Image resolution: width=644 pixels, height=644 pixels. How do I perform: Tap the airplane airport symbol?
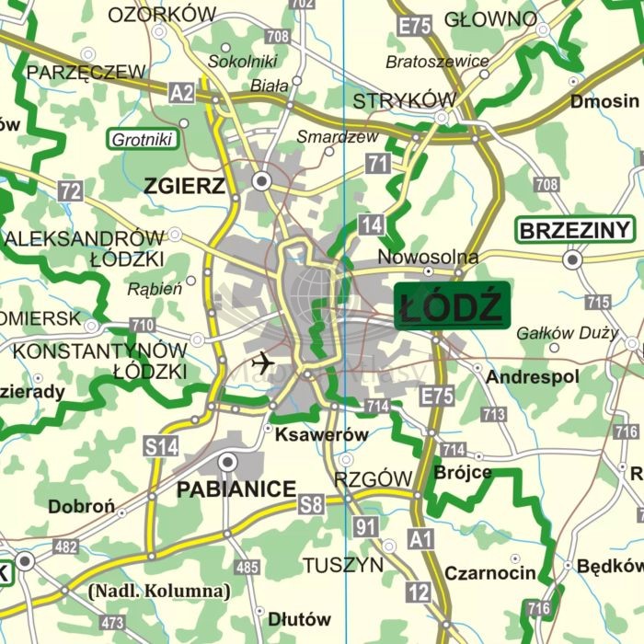click(262, 362)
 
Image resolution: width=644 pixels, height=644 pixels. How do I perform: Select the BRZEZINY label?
click(575, 229)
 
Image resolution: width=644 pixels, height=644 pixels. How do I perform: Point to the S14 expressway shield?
click(162, 447)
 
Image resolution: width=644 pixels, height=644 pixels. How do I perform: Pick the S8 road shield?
click(311, 503)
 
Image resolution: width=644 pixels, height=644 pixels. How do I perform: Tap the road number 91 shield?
click(366, 527)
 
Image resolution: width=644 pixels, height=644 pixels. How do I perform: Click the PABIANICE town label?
click(237, 489)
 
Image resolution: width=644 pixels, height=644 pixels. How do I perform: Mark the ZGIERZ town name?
click(184, 187)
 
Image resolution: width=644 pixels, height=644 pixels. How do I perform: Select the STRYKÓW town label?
click(405, 99)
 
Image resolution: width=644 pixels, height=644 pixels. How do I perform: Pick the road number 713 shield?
click(494, 414)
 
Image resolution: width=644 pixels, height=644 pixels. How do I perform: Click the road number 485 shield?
click(247, 567)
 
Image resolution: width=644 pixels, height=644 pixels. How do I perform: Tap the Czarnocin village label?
click(489, 573)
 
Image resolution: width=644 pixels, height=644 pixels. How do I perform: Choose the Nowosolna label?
click(428, 258)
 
